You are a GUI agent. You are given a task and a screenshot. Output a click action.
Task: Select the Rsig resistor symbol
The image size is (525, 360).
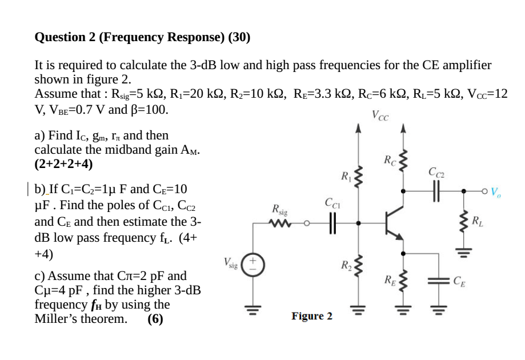282,223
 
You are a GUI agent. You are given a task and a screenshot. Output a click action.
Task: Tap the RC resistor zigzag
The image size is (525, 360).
403,162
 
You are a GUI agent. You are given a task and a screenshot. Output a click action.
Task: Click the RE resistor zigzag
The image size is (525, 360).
403,281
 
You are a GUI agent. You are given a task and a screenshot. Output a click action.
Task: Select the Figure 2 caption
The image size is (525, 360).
311,316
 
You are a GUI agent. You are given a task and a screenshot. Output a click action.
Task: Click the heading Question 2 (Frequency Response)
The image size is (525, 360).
142,38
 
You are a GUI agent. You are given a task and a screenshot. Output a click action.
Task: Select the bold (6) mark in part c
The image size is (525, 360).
155,319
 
